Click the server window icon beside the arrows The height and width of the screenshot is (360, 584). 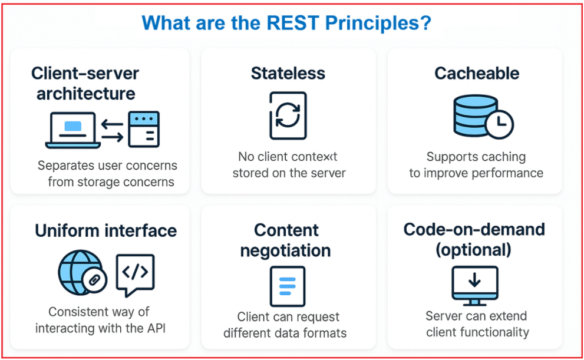(143, 128)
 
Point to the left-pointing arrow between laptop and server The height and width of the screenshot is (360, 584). (113, 124)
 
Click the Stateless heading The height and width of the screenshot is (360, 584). (288, 74)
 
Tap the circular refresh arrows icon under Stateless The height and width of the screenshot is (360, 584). (288, 115)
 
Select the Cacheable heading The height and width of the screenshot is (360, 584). (477, 74)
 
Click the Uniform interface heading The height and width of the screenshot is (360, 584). (105, 230)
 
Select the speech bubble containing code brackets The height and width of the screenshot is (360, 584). (135, 273)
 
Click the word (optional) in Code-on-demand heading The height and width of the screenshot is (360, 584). (473, 250)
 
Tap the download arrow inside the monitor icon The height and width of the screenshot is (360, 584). (474, 280)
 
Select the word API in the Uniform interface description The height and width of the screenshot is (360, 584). (152, 328)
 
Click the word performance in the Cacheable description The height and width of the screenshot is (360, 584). (506, 173)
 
